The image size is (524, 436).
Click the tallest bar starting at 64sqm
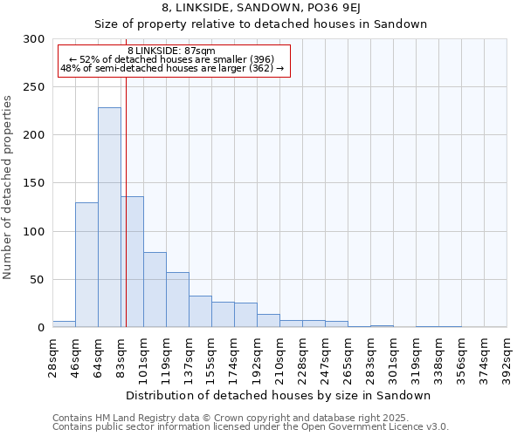[109, 217]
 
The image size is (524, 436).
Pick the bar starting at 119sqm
[177, 300]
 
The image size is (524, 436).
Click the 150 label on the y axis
[35, 183]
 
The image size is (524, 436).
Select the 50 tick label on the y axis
[38, 280]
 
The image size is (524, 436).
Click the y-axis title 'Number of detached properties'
[8, 187]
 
